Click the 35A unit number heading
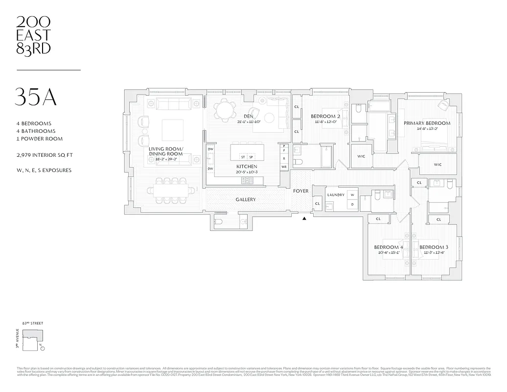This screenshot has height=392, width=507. click(x=36, y=97)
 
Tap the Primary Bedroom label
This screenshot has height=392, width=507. click(x=427, y=123)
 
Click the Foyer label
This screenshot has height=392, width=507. click(x=300, y=191)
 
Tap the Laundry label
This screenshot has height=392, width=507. click(x=336, y=195)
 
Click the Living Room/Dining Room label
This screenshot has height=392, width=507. click(x=166, y=151)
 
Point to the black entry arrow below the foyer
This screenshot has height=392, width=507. click(x=305, y=219)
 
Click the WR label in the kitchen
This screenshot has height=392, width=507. click(x=284, y=167)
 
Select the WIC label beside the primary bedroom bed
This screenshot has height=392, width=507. click(x=438, y=165)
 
